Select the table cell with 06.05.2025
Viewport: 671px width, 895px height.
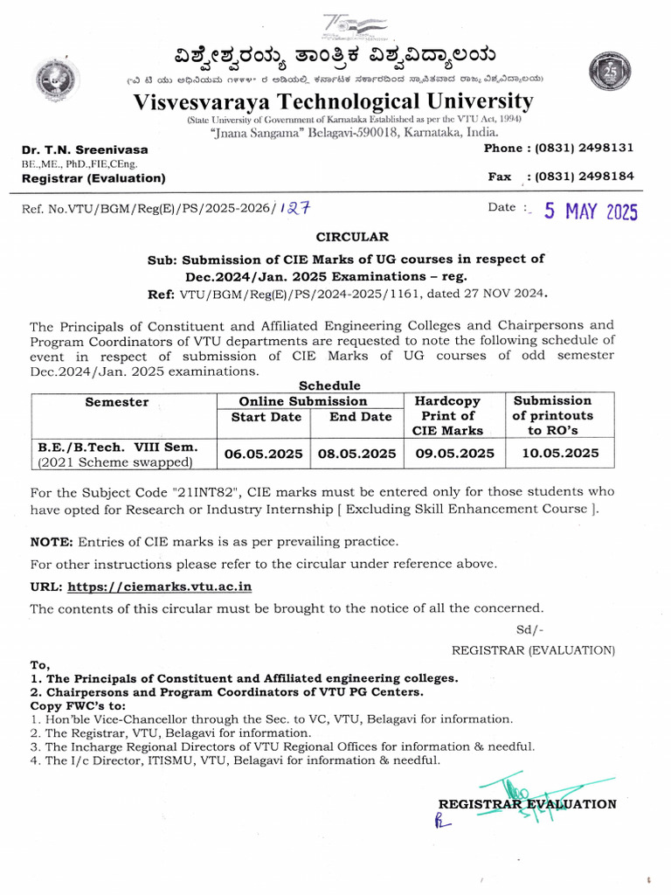click(264, 453)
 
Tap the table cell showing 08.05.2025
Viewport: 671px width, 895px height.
click(360, 453)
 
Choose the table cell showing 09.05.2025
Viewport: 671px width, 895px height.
click(454, 453)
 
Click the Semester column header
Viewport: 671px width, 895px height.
click(117, 402)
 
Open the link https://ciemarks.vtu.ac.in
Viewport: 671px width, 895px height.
click(160, 586)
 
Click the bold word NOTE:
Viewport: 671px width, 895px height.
click(52, 541)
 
